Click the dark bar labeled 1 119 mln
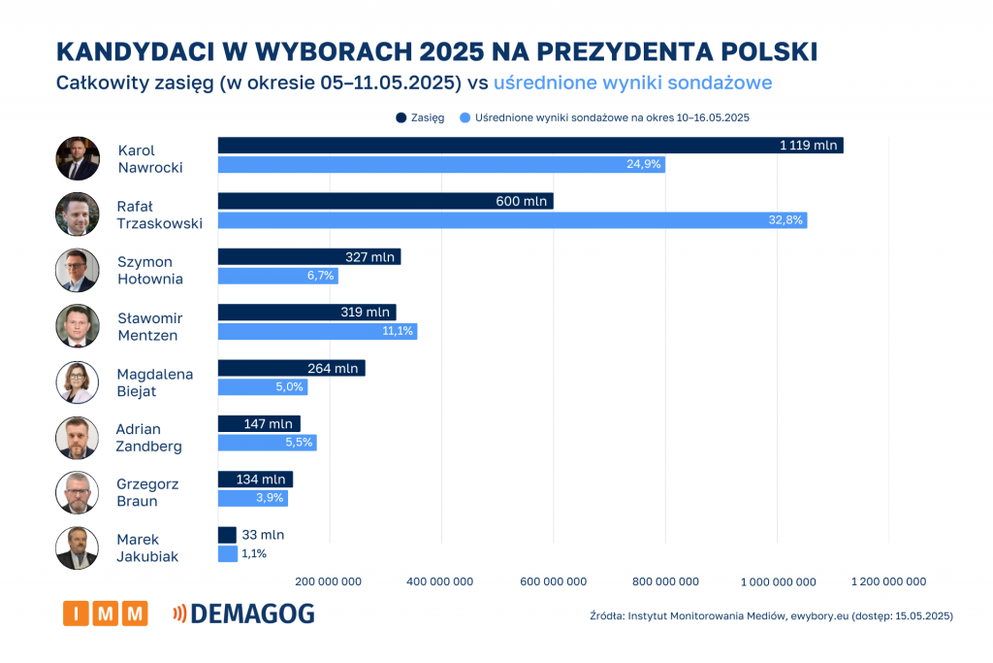coord(529,146)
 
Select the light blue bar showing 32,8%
coord(512,220)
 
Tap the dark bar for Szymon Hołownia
coord(308,257)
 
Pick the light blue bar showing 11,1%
coord(317,332)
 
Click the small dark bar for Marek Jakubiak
coord(227,535)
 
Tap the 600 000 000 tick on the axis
coord(552,581)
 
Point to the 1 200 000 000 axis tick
coord(888,581)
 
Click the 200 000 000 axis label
coord(328,581)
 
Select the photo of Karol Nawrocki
coord(78,158)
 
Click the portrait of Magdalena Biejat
coord(78,382)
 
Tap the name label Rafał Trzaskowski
coord(159,215)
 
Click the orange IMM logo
coord(105,613)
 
